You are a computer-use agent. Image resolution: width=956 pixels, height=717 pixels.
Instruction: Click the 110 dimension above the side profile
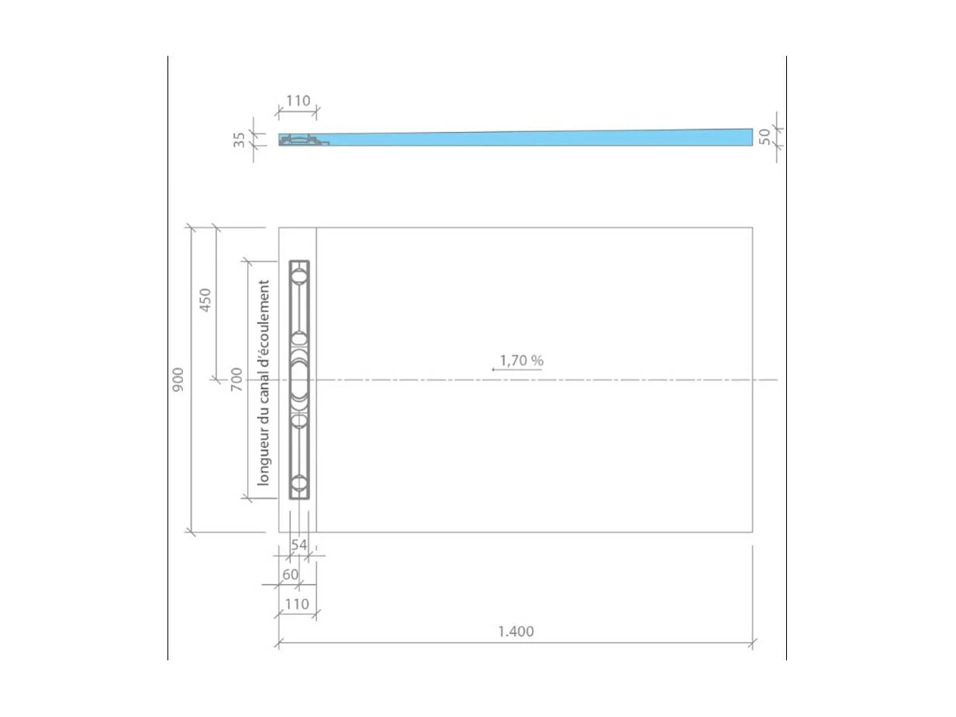(298, 101)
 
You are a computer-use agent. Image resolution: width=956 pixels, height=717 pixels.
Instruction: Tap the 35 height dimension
(240, 140)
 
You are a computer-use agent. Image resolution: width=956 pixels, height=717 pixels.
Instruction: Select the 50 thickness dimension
(764, 137)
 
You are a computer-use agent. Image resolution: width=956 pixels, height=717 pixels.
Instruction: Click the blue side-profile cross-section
(543, 139)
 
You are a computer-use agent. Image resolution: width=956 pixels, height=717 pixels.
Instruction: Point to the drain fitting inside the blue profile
(302, 140)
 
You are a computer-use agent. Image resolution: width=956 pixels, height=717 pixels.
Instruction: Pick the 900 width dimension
(178, 379)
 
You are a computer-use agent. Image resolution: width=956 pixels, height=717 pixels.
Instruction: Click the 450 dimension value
(205, 300)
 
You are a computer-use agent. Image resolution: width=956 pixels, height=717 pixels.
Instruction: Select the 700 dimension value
(236, 379)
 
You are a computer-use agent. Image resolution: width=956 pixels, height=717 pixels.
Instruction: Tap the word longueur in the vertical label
(264, 459)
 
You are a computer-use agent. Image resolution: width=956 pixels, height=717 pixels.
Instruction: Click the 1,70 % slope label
(521, 360)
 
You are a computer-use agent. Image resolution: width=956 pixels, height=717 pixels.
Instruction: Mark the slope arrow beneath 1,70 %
(516, 370)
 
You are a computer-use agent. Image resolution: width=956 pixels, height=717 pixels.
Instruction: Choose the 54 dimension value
(299, 545)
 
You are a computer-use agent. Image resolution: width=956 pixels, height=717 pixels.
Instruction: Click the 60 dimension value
(290, 574)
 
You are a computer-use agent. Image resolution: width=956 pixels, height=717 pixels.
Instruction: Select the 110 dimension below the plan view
(297, 604)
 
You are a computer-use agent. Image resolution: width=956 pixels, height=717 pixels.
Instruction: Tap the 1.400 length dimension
(516, 632)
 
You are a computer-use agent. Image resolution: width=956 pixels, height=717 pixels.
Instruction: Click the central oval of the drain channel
(299, 379)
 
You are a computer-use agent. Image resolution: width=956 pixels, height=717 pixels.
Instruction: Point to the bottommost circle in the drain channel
(299, 483)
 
